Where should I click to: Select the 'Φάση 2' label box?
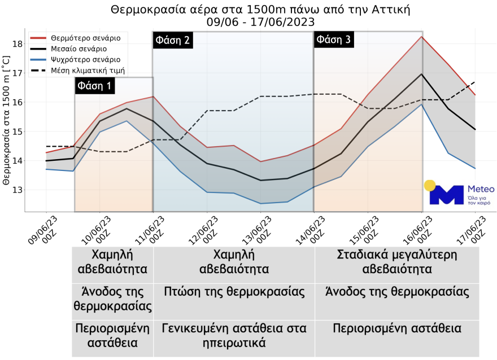pyautogui.click(x=172, y=40)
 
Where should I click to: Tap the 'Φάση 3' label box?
pyautogui.click(x=334, y=40)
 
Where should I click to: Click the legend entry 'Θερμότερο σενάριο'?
pyautogui.click(x=85, y=38)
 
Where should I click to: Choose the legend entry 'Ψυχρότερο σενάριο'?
pyautogui.click(x=85, y=60)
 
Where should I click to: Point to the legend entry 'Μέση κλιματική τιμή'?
pyautogui.click(x=88, y=71)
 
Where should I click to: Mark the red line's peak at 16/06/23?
pyautogui.click(x=422, y=37)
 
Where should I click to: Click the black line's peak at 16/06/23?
pyautogui.click(x=422, y=74)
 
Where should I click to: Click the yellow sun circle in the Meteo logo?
pyautogui.click(x=430, y=186)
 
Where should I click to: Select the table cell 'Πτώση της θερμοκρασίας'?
pyautogui.click(x=234, y=292)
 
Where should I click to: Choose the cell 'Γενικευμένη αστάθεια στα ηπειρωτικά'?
pyautogui.click(x=234, y=335)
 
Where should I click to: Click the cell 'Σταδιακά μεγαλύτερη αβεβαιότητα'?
pyautogui.click(x=397, y=262)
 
